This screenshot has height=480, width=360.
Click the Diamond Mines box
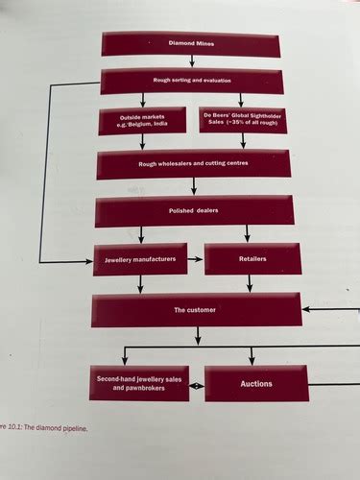(x=191, y=44)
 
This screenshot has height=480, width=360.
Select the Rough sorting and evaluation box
(x=191, y=81)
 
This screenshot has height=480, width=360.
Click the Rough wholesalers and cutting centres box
(x=193, y=163)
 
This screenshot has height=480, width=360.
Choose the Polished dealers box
(x=193, y=210)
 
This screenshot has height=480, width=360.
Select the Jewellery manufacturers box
(x=140, y=259)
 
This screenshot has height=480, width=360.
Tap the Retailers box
(x=252, y=259)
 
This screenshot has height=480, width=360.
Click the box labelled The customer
(x=195, y=309)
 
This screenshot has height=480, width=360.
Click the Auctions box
(x=256, y=383)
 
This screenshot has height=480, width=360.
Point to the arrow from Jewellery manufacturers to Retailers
(x=195, y=259)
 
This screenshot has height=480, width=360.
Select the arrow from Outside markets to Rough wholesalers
(x=142, y=141)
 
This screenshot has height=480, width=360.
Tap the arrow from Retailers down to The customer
(x=250, y=283)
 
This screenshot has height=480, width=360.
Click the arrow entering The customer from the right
(x=331, y=309)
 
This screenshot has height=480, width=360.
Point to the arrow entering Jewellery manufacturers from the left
(x=67, y=260)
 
